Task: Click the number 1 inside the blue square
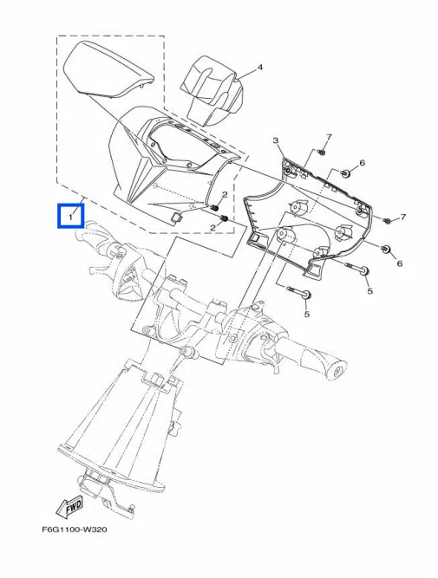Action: tap(69, 214)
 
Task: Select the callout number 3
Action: tap(275, 140)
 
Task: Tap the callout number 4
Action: tap(260, 68)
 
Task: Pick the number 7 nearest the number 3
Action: tap(330, 138)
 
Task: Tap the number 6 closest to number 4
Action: tap(362, 163)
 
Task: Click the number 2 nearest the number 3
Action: tap(224, 195)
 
